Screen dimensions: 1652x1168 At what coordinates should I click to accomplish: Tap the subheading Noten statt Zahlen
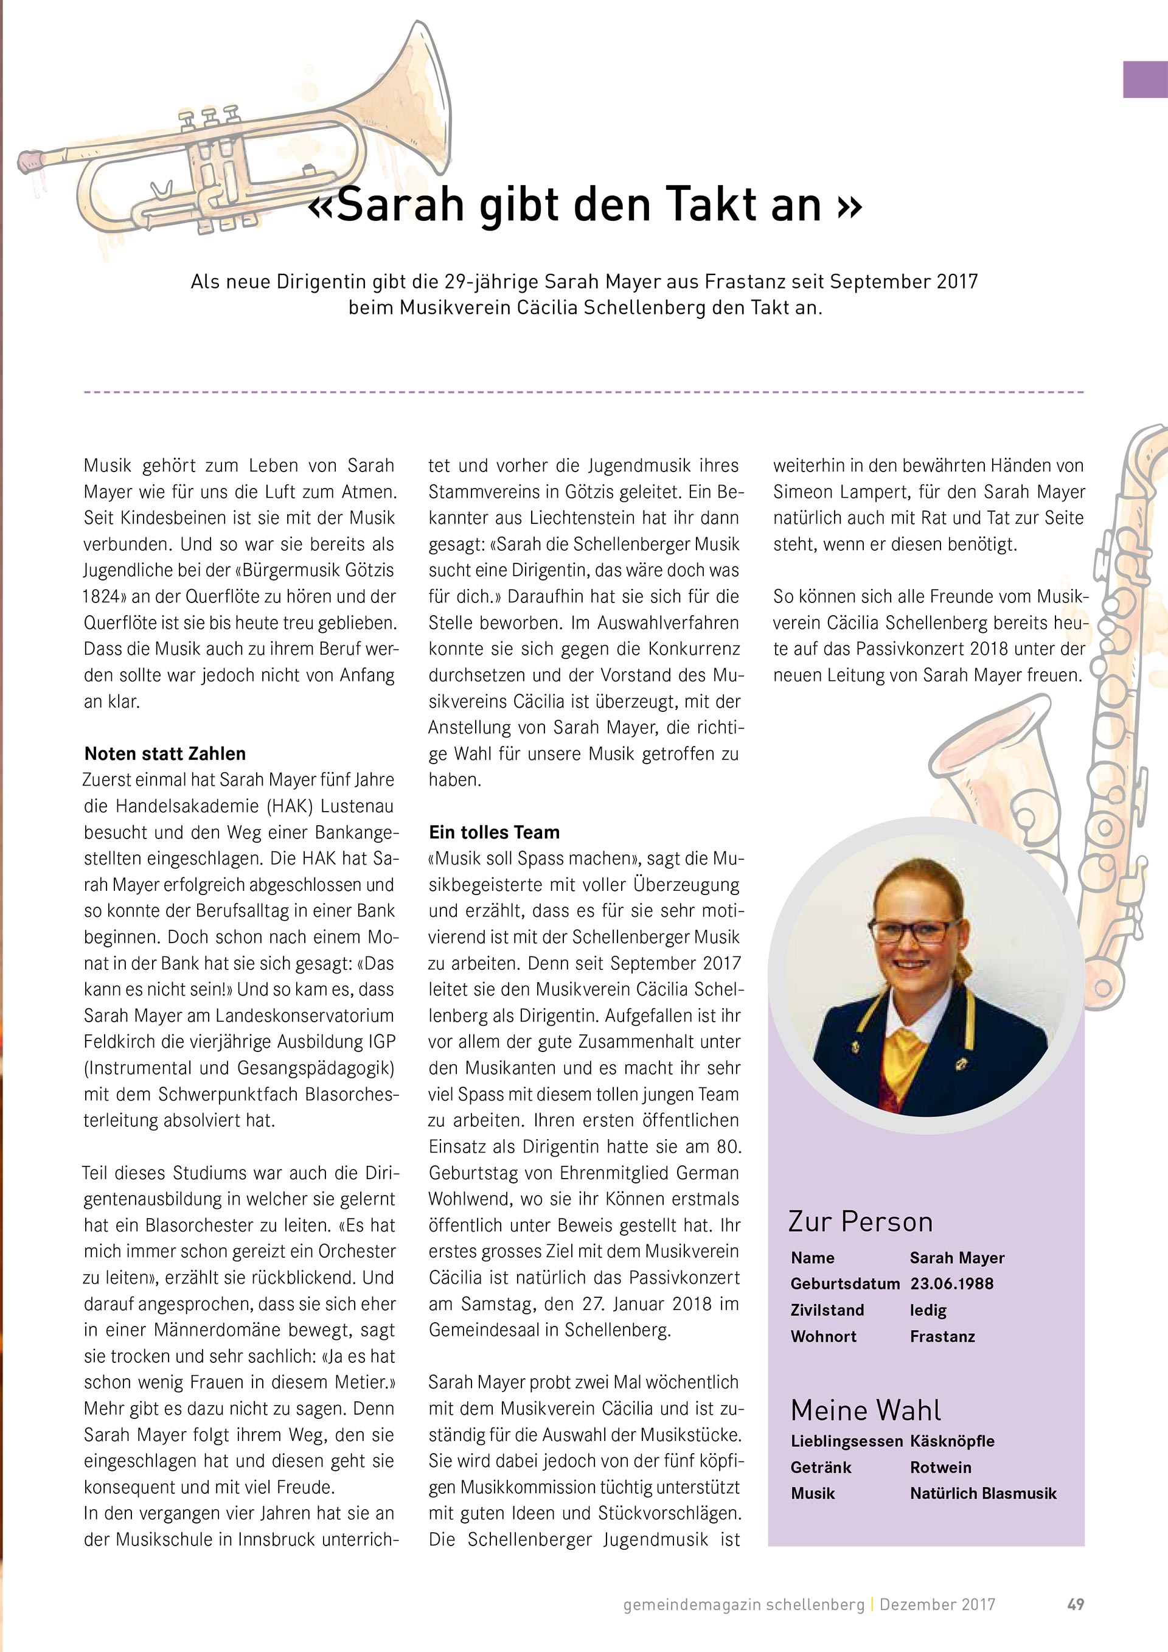[165, 753]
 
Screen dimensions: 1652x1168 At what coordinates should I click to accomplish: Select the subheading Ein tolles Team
[494, 832]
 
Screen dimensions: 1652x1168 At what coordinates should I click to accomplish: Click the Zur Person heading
[860, 1222]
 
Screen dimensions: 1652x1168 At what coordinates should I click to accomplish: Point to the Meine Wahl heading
[865, 1410]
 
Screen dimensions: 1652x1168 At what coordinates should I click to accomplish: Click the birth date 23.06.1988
[951, 1284]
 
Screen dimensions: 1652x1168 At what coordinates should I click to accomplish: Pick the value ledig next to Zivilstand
[928, 1310]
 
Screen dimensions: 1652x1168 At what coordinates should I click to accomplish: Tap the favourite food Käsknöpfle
[952, 1441]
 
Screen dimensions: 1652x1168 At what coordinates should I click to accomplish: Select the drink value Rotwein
[940, 1467]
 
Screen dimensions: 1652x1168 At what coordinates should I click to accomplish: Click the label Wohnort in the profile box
[824, 1336]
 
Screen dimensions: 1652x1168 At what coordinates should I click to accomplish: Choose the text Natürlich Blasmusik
[983, 1493]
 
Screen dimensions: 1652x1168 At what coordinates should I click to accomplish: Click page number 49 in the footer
[1075, 1604]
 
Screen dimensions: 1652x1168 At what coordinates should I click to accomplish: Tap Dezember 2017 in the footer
[937, 1604]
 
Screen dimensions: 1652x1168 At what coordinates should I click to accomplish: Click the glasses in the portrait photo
[913, 930]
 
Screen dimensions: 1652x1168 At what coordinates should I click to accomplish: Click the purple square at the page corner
[1145, 79]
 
